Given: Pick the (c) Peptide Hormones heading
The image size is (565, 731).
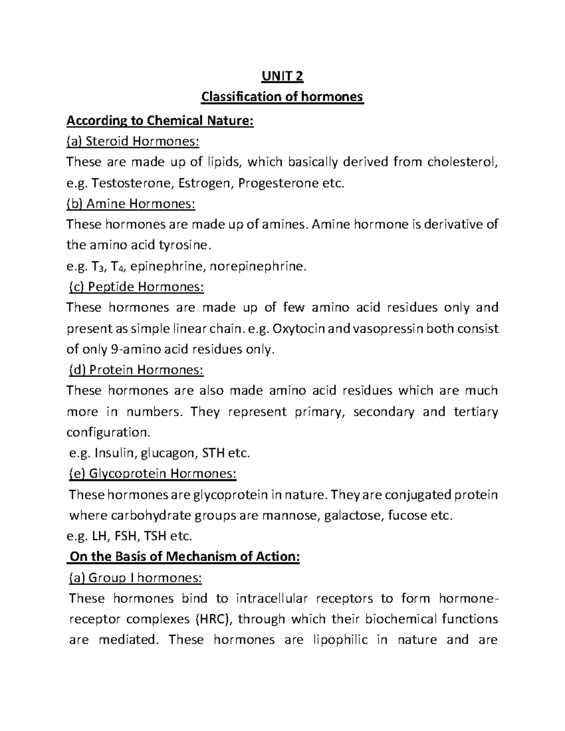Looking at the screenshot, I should tap(136, 287).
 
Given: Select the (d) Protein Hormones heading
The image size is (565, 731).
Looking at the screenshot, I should tap(136, 370).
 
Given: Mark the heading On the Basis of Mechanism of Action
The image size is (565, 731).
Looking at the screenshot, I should tap(184, 556).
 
